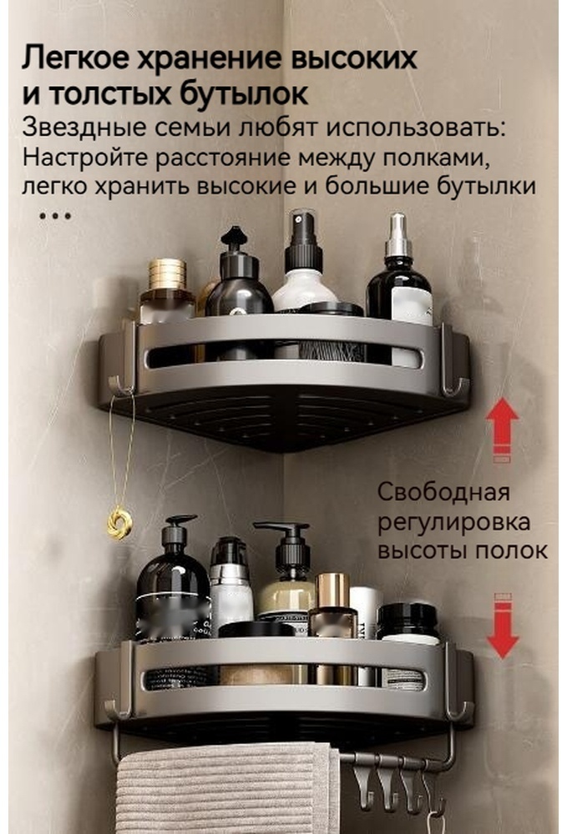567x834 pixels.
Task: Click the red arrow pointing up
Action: click(x=502, y=429)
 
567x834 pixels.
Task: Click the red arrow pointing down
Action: click(x=503, y=626)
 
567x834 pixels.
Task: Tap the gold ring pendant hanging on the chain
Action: click(x=119, y=522)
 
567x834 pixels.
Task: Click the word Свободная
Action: click(x=443, y=493)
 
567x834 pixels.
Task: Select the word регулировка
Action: click(x=453, y=522)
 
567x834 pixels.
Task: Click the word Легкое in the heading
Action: click(x=75, y=58)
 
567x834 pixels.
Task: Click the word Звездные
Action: click(x=84, y=129)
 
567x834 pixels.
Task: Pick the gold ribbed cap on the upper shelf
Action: click(x=167, y=274)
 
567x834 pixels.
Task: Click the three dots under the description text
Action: click(x=55, y=216)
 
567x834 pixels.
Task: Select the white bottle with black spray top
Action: click(x=305, y=260)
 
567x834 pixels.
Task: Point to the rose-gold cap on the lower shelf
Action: click(x=332, y=590)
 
